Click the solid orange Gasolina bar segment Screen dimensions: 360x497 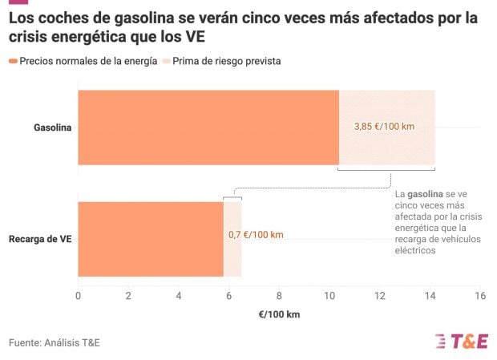(208, 127)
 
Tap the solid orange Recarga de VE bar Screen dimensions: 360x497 (150, 238)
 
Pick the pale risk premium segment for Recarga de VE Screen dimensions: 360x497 (232, 257)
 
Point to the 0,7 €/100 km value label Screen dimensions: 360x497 (256, 235)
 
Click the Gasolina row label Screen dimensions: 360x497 (52, 127)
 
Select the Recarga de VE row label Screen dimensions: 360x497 (40, 239)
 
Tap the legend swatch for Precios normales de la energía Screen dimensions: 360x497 (13, 61)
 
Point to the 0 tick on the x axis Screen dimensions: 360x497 (78, 296)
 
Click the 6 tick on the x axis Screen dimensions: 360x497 (228, 296)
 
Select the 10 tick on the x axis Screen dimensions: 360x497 (329, 296)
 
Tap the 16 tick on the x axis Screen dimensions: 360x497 (479, 296)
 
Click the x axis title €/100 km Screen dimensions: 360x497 (278, 314)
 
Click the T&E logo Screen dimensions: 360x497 (460, 341)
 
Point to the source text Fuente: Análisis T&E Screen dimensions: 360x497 (55, 343)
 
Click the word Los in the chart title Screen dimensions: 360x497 (22, 16)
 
